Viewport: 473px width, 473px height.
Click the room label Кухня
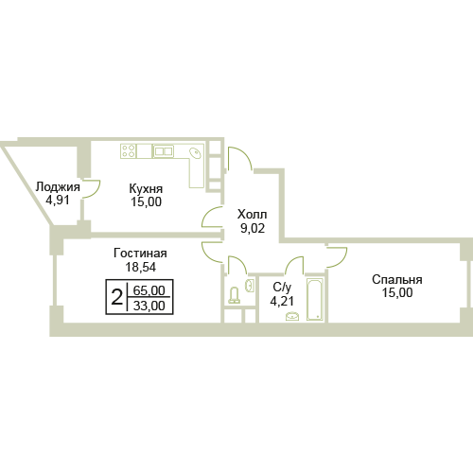[x=146, y=189]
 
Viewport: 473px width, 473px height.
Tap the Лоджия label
[x=58, y=187]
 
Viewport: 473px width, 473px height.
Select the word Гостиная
[x=140, y=254]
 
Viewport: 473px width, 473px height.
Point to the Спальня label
[x=397, y=280]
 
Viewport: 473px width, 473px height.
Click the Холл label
[x=253, y=215]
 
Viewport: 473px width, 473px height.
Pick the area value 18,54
[x=141, y=267]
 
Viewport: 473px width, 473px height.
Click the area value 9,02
[x=253, y=228]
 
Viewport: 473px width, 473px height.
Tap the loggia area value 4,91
[x=58, y=200]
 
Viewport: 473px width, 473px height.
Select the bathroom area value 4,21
[x=282, y=301]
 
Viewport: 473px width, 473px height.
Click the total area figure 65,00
[x=149, y=290]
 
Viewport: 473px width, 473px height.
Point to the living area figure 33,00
[x=149, y=306]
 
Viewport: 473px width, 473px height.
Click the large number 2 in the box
[x=116, y=297]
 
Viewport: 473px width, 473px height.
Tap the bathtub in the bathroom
[x=315, y=299]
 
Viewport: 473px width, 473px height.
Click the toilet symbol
[x=234, y=295]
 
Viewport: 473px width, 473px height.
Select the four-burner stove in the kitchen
[x=129, y=150]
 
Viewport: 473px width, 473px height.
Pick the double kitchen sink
[x=164, y=151]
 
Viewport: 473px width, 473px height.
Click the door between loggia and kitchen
[x=92, y=189]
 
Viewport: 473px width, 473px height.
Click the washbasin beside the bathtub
[x=292, y=316]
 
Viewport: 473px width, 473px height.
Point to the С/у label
[x=282, y=287]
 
